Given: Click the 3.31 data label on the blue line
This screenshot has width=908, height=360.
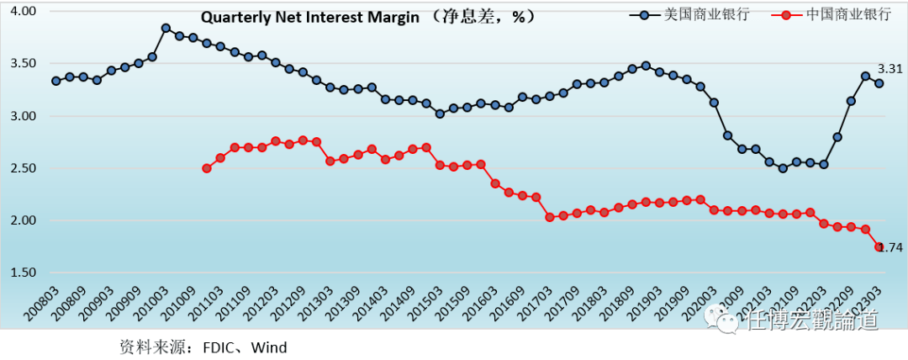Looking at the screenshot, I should click(x=890, y=69).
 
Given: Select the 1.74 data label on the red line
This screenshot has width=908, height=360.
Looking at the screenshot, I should click(x=891, y=247).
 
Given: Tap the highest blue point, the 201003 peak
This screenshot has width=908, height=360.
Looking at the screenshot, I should click(x=166, y=29).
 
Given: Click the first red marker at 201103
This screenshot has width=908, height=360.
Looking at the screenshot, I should click(x=207, y=168).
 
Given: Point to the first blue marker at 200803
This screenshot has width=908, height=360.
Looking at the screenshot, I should click(x=55, y=81).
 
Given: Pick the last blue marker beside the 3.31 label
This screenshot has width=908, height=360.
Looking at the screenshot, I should click(x=879, y=83).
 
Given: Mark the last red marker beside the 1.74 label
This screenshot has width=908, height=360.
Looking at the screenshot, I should click(x=879, y=246).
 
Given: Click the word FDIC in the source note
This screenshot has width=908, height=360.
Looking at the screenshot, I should click(x=214, y=347).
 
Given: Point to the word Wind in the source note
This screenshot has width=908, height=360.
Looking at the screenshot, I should click(x=269, y=347).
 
